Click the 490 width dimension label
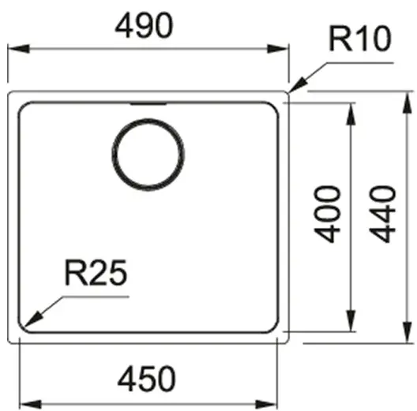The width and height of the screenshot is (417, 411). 144,25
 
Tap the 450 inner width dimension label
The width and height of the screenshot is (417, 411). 147,379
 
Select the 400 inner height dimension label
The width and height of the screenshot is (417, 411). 327,214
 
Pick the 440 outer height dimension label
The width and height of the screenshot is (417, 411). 382,214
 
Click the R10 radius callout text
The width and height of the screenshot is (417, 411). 360,39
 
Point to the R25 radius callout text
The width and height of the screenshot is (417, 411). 96,273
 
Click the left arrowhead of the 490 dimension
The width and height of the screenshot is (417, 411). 19,49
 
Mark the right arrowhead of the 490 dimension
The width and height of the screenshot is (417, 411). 278,49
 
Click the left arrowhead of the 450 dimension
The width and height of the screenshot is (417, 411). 31,405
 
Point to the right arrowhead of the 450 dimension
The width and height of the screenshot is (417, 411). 266,405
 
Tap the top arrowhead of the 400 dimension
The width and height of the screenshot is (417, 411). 351,114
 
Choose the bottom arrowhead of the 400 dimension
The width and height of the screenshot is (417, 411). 351,320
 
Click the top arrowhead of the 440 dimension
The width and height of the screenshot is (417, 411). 407,103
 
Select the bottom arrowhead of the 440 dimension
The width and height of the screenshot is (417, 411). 407,332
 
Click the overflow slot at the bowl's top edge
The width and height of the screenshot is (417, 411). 148,103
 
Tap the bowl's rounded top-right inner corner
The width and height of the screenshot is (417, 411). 274,106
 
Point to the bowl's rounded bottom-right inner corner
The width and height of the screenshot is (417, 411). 274,328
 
